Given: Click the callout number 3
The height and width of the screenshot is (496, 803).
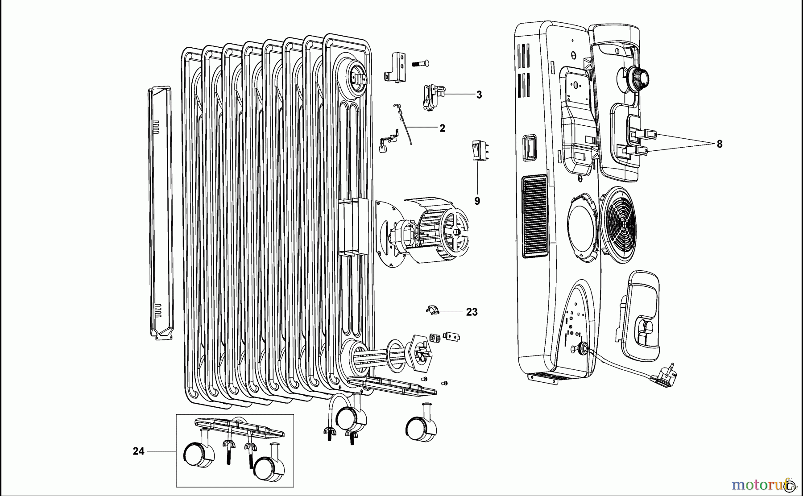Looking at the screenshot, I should (x=479, y=95).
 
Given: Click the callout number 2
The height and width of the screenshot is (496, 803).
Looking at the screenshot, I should (x=442, y=128).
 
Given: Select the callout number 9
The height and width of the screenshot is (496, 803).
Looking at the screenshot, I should (x=477, y=201).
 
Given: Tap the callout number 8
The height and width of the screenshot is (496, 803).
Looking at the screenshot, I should (x=719, y=144).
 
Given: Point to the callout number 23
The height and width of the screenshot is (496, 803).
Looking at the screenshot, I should (x=472, y=312).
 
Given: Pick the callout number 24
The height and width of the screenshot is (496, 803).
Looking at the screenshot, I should (x=138, y=451).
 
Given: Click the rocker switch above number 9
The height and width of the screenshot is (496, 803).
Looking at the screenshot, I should (x=478, y=150).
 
